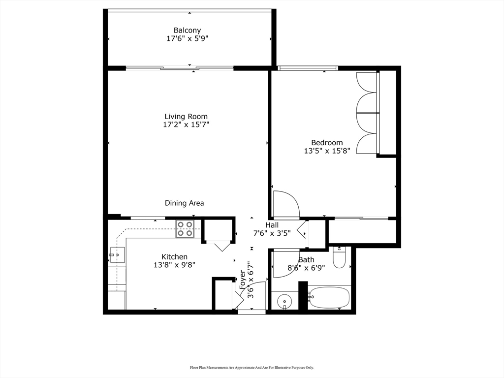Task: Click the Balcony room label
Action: click(187, 31)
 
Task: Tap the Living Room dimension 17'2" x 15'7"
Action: click(186, 125)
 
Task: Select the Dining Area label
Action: click(184, 203)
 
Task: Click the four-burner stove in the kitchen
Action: click(185, 228)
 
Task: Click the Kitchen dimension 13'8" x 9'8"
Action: click(174, 265)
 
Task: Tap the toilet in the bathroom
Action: click(339, 258)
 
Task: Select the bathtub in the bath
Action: click(329, 297)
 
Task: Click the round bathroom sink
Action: click(284, 301)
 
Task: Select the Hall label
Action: click(272, 225)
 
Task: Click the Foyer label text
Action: click(242, 280)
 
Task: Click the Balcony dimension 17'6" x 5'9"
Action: click(187, 39)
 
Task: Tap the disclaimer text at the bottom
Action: click(252, 367)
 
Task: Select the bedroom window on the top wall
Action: click(308, 68)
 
